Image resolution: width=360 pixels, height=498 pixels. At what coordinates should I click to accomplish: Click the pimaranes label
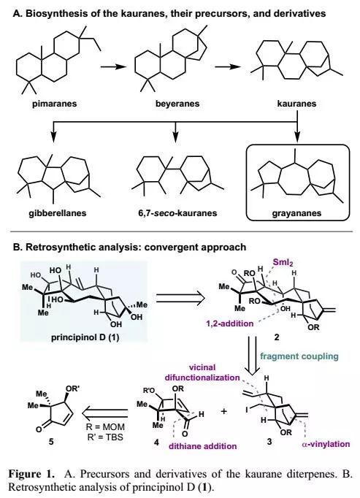[54, 104]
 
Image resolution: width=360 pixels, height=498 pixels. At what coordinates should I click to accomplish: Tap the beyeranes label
[177, 104]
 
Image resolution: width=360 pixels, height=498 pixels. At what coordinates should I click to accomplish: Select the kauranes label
[296, 104]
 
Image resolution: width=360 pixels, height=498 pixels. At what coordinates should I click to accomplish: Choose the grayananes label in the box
[296, 212]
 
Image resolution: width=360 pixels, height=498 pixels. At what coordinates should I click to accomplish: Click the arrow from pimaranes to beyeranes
[113, 66]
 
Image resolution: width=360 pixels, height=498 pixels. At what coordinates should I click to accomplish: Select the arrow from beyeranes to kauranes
[228, 66]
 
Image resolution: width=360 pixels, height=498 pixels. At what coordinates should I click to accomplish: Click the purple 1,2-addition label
[230, 323]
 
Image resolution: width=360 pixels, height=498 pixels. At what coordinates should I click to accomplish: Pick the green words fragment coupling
[299, 356]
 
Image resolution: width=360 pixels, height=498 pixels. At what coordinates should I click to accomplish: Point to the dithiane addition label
[203, 446]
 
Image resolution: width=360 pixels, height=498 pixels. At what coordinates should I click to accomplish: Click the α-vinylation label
[326, 444]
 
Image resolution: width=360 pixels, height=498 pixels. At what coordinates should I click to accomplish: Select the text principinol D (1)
[85, 337]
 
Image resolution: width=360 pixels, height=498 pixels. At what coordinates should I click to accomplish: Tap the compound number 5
[52, 442]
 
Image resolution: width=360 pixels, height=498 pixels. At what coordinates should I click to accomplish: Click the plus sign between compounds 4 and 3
[224, 411]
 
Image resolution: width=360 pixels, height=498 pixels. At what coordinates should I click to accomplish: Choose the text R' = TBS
[105, 437]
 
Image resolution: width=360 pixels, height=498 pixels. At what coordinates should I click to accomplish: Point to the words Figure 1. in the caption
[31, 474]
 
